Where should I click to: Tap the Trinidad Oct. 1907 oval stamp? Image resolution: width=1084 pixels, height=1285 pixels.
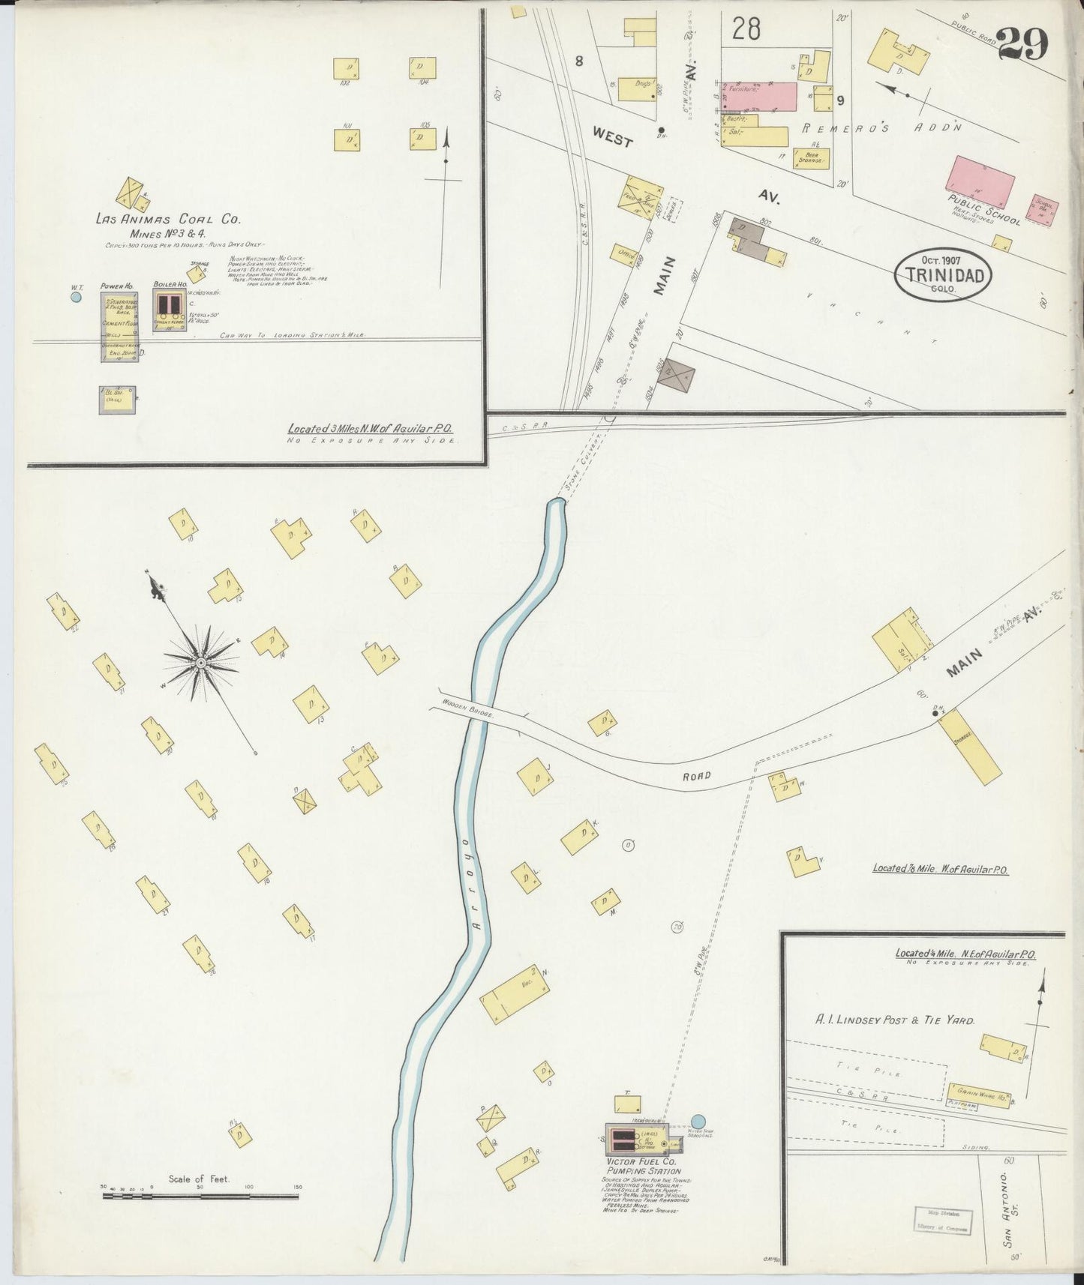click(944, 274)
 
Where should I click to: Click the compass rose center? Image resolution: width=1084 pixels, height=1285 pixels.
click(201, 664)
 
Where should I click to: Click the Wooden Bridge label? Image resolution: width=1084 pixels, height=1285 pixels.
click(467, 709)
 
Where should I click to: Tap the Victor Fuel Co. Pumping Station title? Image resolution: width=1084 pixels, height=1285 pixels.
click(644, 1166)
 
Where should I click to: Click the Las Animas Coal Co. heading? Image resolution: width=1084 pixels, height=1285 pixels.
click(167, 220)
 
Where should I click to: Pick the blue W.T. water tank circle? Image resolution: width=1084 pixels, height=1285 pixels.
click(75, 297)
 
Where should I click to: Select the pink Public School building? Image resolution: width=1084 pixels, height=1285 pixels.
click(980, 181)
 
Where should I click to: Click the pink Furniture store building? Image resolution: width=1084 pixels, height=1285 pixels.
click(759, 96)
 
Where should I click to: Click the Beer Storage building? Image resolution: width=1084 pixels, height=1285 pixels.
click(811, 158)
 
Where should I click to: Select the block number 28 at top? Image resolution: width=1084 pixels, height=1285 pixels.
click(746, 29)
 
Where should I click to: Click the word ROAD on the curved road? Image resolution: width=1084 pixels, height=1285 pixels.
click(695, 776)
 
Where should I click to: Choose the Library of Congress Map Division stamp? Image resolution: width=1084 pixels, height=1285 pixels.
click(943, 1221)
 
